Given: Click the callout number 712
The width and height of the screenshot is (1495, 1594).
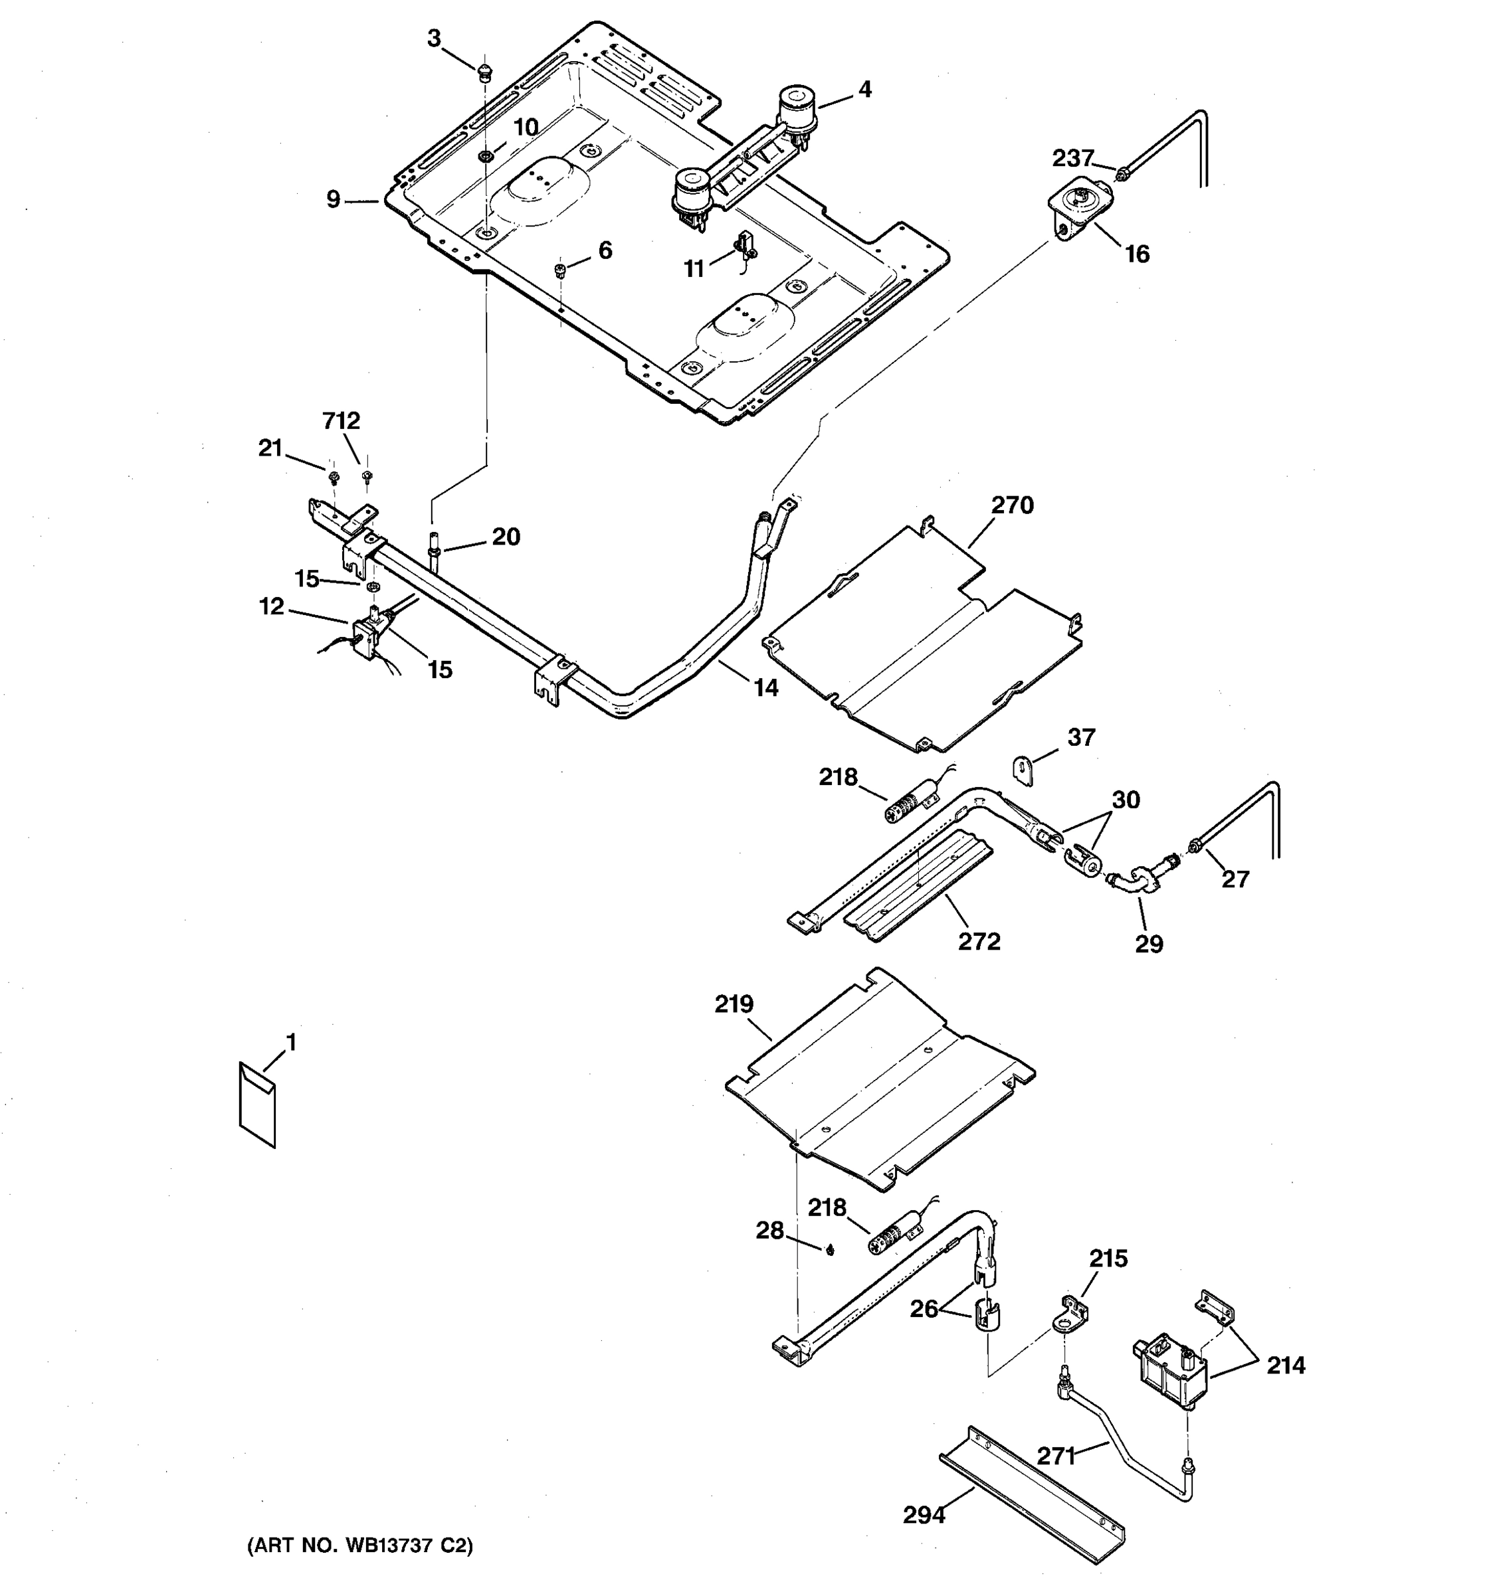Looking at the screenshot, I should [x=341, y=421].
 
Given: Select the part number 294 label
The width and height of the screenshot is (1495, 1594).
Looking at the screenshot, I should [x=924, y=1514].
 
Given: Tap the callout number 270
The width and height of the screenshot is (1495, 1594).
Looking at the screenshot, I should [x=1012, y=505].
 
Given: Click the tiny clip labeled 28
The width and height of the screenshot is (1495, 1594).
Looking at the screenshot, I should [x=830, y=1250].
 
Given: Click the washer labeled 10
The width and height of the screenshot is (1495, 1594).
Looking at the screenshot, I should [x=484, y=155].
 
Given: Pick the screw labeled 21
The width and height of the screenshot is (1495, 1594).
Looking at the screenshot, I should [x=334, y=478].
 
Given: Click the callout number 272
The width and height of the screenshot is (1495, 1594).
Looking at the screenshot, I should [x=979, y=940].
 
